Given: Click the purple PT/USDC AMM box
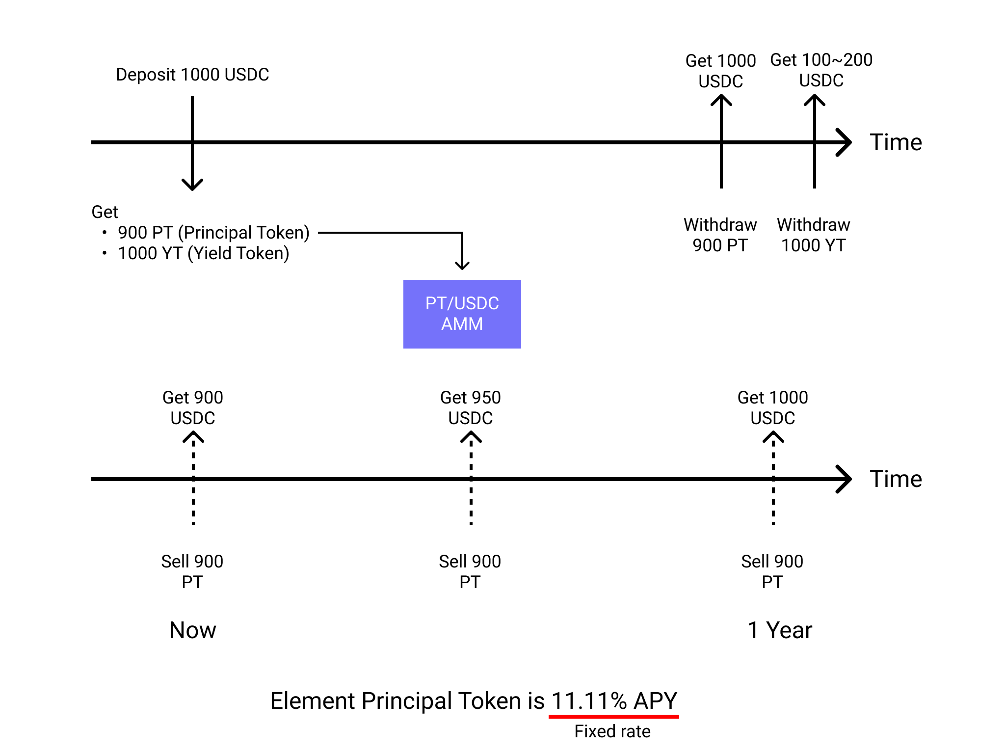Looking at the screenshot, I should point(462,314).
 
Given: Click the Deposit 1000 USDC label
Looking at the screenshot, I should point(192,75).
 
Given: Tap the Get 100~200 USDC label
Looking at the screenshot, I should point(821,70).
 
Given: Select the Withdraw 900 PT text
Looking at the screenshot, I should point(720,235).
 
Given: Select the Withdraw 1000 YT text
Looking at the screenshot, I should point(813,235).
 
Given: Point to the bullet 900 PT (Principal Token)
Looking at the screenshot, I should point(213,233).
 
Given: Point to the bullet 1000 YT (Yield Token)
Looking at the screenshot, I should point(203,253).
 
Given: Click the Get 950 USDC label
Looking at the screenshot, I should point(470,407).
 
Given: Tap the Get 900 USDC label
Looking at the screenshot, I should point(192,407).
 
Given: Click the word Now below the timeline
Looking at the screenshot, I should point(192,630).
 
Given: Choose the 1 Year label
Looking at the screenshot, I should point(779,630).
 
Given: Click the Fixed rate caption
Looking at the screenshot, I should point(612,731).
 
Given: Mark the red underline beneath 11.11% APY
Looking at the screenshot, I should point(613,717).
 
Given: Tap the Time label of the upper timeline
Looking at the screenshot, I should point(896,142).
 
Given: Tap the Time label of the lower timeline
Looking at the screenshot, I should point(896,479).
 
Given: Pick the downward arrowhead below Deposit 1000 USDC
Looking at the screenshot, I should point(192,186).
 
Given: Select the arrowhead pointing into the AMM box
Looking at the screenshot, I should point(462,266).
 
